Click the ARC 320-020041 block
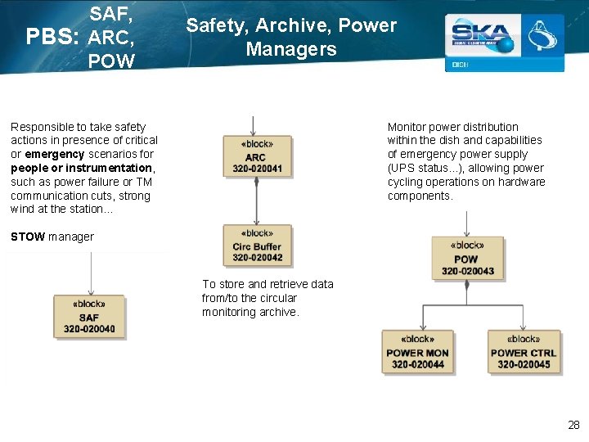pos(256,156)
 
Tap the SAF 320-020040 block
pos(89,317)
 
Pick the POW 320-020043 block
pos(467,258)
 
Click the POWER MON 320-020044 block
pos(417,352)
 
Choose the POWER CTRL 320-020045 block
pos(524,352)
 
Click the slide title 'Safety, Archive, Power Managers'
pos(291,37)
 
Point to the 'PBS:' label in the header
pos(52,38)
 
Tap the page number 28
pos(573,425)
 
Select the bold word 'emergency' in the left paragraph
pos(54,154)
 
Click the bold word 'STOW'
pos(28,237)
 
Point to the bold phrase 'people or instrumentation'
pos(82,168)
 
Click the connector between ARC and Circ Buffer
pos(257,201)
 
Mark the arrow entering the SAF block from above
pos(91,274)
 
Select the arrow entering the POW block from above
pos(467,223)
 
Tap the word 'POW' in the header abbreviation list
pos(111,60)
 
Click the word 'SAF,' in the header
pos(111,14)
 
